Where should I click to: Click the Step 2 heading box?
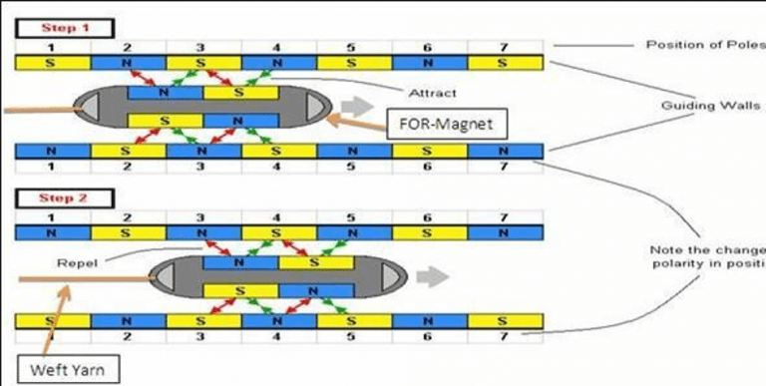(64, 198)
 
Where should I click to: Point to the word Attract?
(431, 94)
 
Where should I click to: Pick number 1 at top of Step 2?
(53, 215)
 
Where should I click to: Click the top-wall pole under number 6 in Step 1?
(430, 62)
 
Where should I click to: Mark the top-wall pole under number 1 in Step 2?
(53, 231)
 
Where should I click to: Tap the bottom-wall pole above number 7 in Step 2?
(505, 322)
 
